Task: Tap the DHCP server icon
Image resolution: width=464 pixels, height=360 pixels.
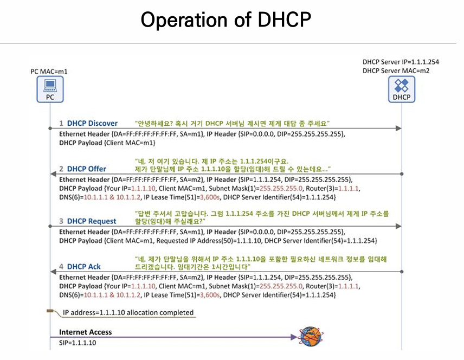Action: [402, 88]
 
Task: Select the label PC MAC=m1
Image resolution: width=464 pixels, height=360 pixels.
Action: [49, 71]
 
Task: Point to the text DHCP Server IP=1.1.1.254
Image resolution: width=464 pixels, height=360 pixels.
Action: [400, 62]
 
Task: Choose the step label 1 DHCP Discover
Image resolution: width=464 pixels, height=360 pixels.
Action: [88, 123]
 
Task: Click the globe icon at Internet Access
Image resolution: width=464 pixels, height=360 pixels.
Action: [310, 337]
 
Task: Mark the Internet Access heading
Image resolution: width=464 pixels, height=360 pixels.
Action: [85, 332]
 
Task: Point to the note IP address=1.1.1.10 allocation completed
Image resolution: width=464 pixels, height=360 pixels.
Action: [128, 312]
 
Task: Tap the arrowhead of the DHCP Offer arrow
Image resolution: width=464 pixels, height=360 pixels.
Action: [53, 173]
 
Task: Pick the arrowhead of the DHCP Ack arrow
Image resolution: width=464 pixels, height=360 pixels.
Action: [53, 271]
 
